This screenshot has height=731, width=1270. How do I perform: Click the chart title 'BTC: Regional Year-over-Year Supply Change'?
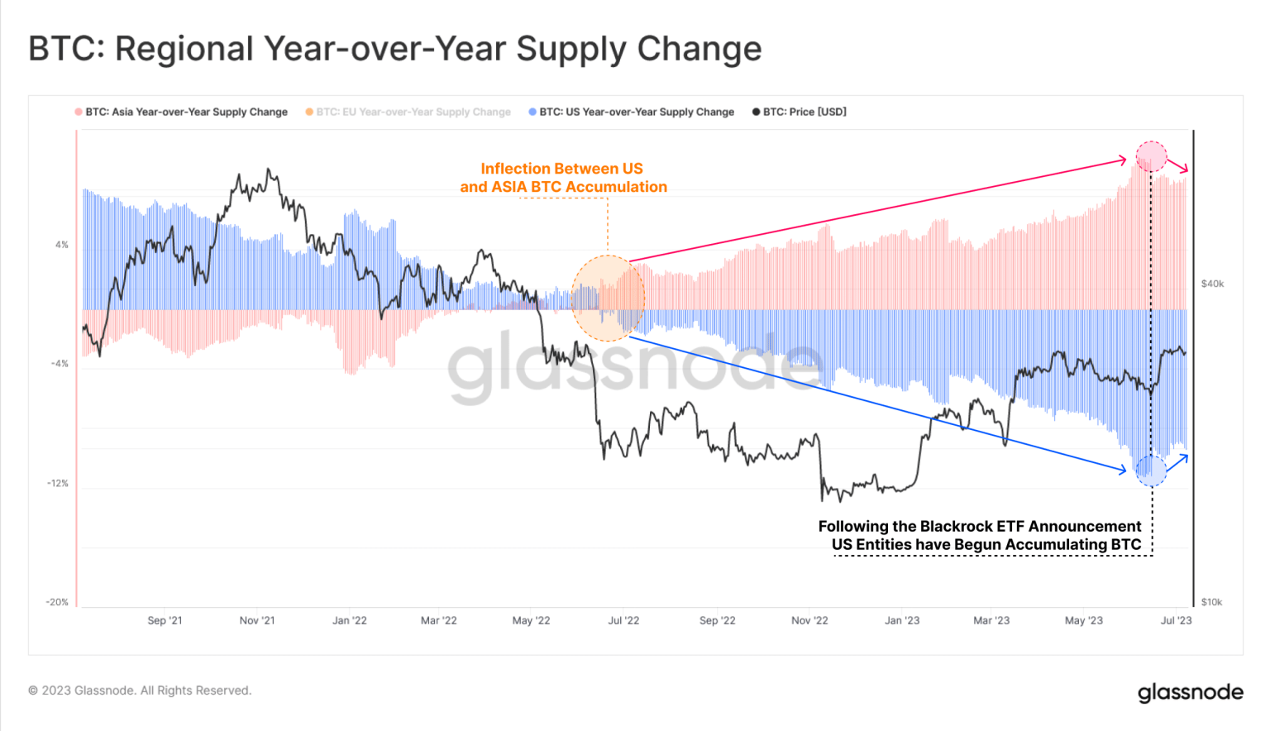click(394, 49)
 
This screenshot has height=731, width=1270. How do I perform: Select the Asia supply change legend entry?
click(186, 112)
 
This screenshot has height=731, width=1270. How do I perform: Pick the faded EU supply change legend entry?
click(413, 112)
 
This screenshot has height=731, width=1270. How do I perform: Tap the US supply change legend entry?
click(636, 112)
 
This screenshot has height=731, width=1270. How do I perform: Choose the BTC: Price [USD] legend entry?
click(804, 112)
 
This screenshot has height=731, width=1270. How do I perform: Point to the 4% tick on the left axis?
click(62, 245)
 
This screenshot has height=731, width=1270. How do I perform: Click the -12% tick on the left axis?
click(58, 483)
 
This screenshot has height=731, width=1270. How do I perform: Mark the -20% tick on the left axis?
click(57, 602)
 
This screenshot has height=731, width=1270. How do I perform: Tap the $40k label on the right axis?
click(1212, 284)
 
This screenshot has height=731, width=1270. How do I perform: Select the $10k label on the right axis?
click(1211, 602)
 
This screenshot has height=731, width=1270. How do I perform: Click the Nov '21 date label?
click(257, 620)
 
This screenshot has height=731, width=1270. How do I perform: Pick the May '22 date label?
click(531, 620)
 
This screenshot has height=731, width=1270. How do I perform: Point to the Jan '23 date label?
click(901, 620)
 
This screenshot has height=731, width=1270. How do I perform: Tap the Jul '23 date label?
click(1176, 620)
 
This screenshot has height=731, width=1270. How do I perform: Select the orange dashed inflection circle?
click(608, 299)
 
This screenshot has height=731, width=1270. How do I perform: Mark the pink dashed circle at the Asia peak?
click(1151, 156)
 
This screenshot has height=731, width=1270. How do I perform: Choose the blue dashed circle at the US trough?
click(1151, 471)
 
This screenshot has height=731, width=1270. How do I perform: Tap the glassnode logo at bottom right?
click(1190, 692)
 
